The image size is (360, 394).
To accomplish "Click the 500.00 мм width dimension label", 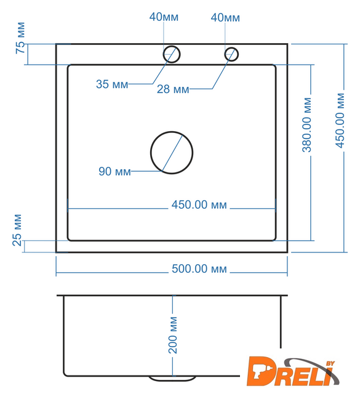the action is (199, 269).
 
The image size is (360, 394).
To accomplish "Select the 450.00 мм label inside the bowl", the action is (199, 205).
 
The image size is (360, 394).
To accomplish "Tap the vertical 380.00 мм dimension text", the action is (306, 125).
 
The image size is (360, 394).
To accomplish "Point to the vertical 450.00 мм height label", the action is (340, 121).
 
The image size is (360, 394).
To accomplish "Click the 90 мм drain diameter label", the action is (115, 171).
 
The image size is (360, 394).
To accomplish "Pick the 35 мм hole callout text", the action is (112, 84).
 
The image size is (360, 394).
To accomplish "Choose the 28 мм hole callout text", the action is (173, 89).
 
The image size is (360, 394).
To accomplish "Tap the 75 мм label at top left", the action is (20, 38).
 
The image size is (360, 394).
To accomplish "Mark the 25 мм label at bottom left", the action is (17, 230).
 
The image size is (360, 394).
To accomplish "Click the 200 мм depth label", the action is (172, 336).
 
